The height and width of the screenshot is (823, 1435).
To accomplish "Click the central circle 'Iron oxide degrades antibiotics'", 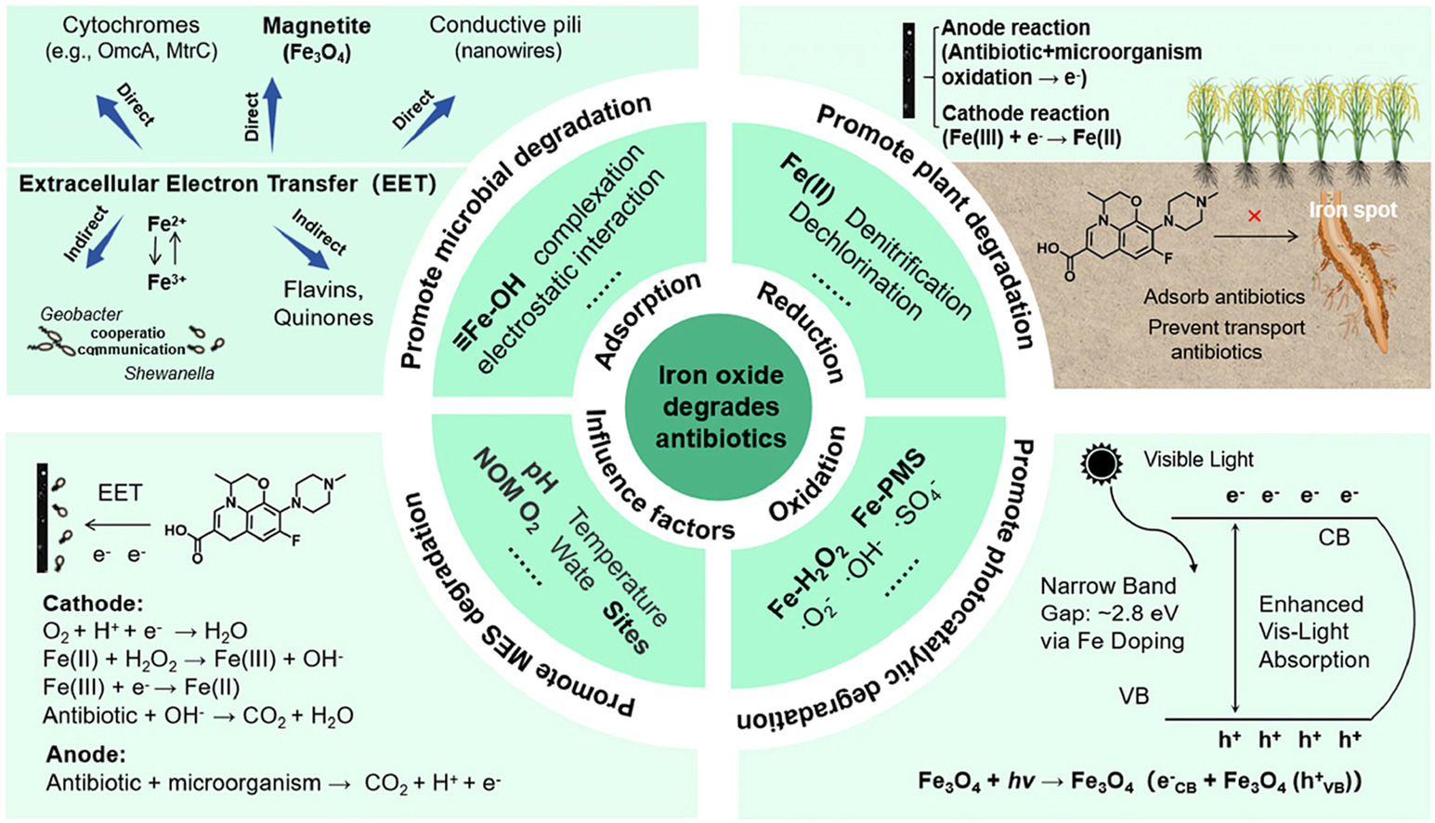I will [720, 407].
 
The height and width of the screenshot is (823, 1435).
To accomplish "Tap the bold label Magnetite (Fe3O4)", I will [317, 39].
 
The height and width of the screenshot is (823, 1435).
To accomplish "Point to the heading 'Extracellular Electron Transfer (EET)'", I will [228, 184].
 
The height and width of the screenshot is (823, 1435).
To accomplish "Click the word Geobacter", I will [81, 315].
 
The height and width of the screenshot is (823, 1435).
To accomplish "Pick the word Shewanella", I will [169, 373].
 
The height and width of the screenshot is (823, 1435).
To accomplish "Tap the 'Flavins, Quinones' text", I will [323, 304].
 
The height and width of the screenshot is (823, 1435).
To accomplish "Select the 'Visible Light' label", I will [1198, 459].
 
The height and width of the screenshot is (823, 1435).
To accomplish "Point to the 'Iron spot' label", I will [1352, 210].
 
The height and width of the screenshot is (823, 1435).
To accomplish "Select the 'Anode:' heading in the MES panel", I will [85, 754].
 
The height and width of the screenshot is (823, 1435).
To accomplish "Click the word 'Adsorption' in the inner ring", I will [647, 320].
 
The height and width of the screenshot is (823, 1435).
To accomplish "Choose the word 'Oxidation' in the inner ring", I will [807, 474].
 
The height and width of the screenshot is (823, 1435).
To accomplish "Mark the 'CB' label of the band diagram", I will [1334, 537].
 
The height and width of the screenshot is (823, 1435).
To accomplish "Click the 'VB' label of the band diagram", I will [1134, 695].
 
